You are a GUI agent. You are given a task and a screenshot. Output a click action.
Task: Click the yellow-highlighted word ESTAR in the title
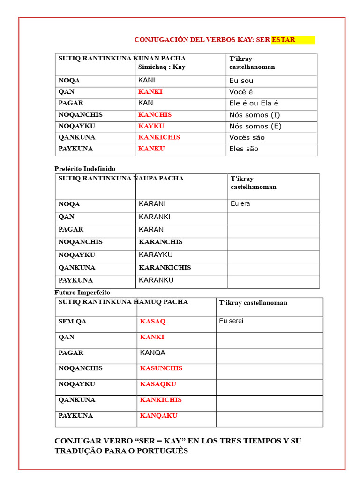284,40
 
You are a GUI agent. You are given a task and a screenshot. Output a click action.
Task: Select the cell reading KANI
147,80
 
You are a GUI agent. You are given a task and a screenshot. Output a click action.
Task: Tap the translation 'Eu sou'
241,81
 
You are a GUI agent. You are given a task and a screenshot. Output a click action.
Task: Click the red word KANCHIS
155,114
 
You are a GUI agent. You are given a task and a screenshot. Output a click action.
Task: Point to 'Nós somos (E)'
255,126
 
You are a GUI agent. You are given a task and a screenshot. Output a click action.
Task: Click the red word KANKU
151,149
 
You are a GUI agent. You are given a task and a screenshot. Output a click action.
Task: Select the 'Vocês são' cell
247,137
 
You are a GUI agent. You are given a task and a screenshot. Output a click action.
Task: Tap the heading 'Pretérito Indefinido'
85,169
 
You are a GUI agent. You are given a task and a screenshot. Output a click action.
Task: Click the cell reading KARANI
152,204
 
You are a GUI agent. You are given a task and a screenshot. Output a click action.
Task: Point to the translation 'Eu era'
240,204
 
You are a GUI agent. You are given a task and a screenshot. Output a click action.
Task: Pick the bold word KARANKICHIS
165,268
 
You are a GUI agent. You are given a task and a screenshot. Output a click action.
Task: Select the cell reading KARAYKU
156,255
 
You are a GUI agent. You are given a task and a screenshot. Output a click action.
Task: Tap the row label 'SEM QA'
72,322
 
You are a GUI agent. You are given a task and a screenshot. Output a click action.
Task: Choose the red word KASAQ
153,322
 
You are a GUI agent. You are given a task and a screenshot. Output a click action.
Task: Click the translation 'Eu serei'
231,321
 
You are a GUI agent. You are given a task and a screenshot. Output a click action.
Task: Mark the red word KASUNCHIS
161,368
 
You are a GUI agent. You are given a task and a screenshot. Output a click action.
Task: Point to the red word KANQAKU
158,415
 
